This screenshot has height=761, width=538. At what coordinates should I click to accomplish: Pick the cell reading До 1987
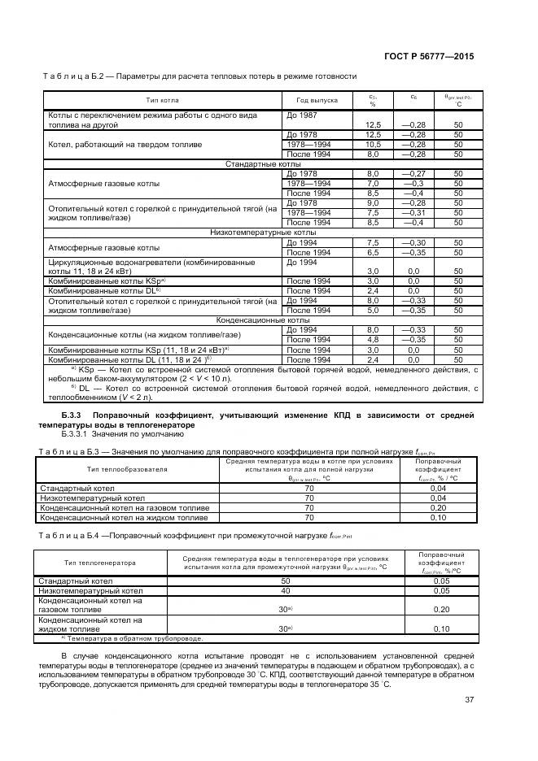pyautogui.click(x=302, y=116)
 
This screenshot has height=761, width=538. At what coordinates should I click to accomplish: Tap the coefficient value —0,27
pyautogui.click(x=413, y=174)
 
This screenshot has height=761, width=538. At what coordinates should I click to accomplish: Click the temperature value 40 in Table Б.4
pyautogui.click(x=286, y=591)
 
